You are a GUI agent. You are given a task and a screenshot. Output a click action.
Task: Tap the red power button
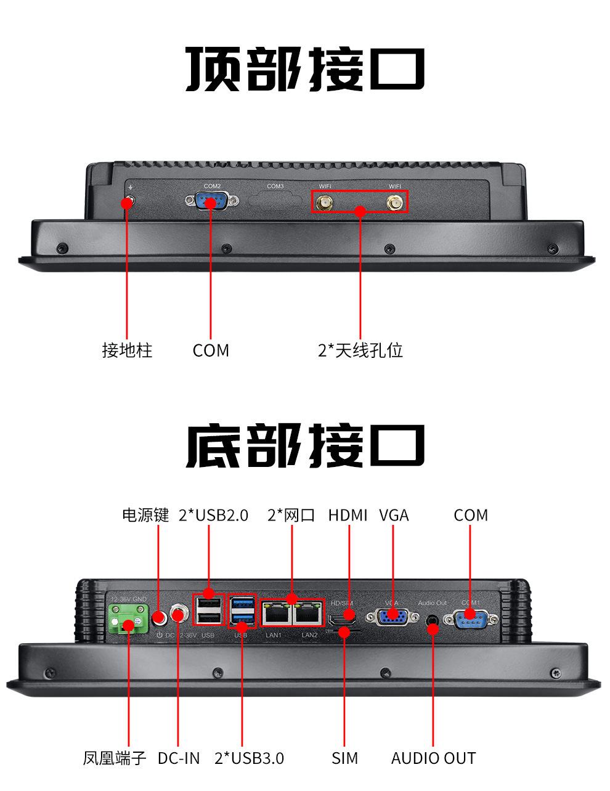point(159,616)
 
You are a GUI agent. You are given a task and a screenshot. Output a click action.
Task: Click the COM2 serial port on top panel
point(211,201)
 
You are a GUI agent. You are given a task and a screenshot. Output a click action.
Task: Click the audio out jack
point(433,618)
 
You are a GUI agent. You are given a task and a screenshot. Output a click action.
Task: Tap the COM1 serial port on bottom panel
point(470,616)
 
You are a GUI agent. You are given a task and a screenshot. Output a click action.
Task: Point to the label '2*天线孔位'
point(360,351)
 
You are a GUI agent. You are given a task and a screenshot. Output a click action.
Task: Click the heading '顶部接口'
point(305,69)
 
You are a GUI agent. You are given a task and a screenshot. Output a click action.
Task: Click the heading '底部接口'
point(305,445)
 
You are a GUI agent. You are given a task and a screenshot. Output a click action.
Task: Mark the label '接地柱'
point(127,351)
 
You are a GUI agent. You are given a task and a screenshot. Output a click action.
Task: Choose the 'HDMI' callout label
point(348,515)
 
